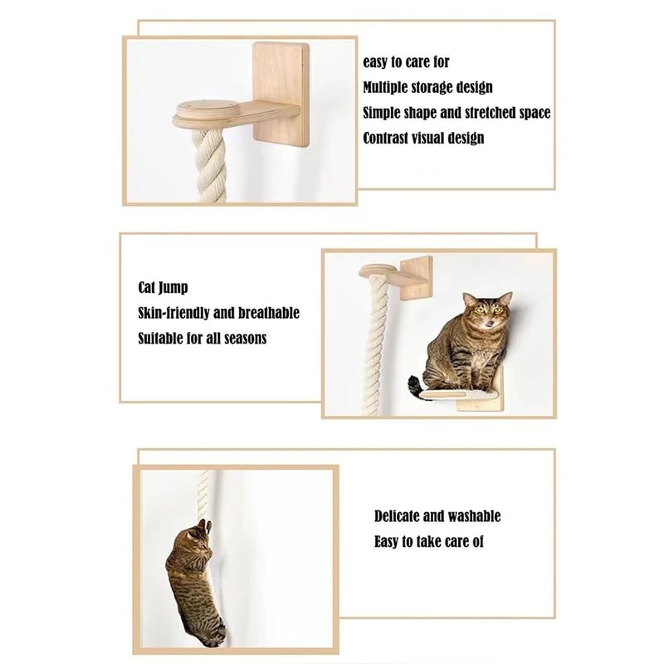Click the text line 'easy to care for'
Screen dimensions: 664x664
407,62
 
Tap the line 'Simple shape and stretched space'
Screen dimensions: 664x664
456,113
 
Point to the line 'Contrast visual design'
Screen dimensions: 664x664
423,138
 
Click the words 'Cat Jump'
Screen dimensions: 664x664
163,288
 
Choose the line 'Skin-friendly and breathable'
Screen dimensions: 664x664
218,313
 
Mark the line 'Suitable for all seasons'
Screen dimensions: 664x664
202,338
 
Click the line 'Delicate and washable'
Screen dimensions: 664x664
437,516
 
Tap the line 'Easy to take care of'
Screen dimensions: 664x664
428,541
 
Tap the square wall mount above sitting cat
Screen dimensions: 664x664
414,275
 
